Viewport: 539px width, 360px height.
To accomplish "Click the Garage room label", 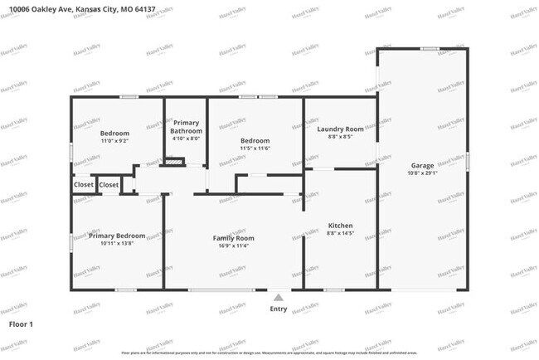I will (421, 165).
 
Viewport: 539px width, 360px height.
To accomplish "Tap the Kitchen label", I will (341, 226).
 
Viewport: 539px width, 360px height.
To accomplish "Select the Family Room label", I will (233, 238).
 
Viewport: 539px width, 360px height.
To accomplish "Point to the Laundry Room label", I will (341, 129).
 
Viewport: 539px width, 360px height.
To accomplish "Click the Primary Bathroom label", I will (186, 127).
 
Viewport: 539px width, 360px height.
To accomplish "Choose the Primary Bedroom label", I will (117, 236).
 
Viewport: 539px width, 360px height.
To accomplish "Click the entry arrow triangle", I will (279, 297).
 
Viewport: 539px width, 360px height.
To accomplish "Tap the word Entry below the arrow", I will (279, 309).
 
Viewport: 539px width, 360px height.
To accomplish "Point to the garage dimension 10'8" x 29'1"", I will (421, 173).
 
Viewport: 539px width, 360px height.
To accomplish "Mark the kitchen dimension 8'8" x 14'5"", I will (341, 235).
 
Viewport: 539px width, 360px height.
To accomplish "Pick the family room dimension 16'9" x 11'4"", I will (233, 246).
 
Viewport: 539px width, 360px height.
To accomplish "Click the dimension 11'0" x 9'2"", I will (115, 141).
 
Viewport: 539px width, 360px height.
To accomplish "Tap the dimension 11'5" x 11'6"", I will (255, 148).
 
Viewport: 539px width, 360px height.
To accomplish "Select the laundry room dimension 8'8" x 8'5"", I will (341, 137).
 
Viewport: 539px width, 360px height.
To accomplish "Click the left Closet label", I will (83, 184).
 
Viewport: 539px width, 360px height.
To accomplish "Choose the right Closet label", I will (109, 184).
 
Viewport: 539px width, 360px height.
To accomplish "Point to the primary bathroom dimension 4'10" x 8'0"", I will (186, 139).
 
